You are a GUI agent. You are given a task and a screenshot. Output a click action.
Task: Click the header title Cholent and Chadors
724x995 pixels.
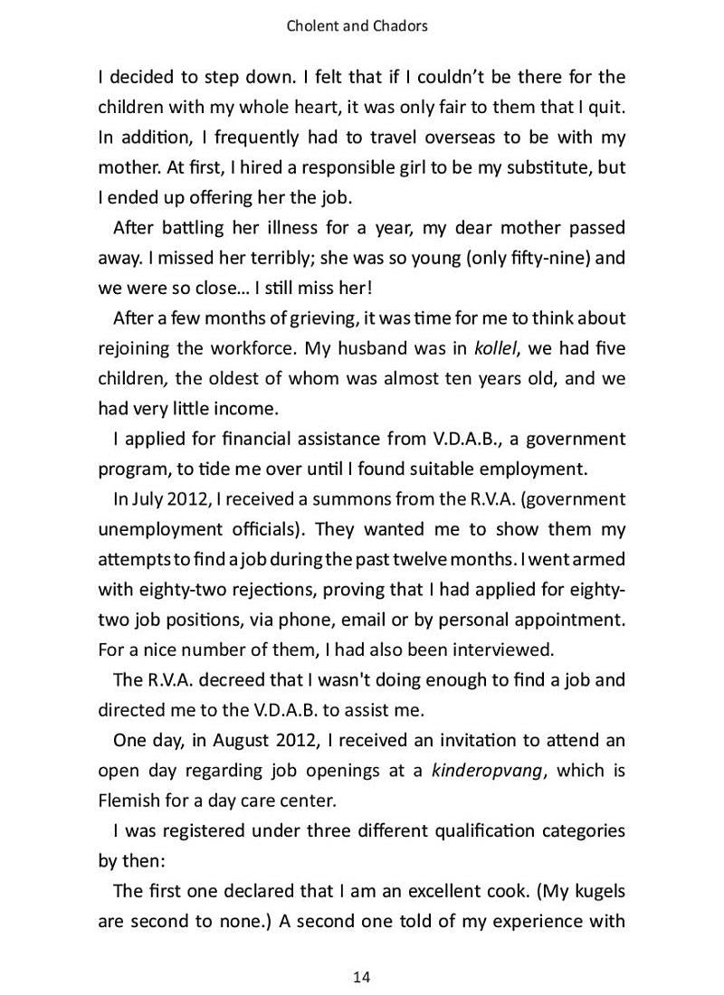(357, 26)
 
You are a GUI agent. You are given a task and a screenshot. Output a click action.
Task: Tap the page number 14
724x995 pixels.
(361, 976)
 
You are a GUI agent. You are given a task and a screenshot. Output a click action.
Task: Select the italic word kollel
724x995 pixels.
(500, 348)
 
